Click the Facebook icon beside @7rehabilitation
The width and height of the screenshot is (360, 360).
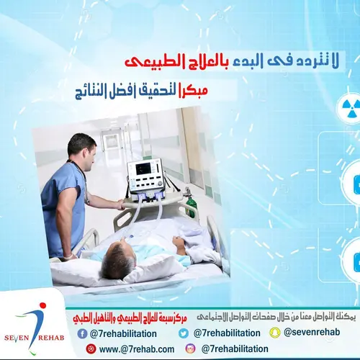(84, 333)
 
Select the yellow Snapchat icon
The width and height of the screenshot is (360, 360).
(274, 333)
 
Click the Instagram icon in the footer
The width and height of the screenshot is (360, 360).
(190, 349)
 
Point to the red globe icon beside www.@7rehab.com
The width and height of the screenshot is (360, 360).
(91, 349)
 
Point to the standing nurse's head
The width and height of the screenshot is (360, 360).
(81, 148)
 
